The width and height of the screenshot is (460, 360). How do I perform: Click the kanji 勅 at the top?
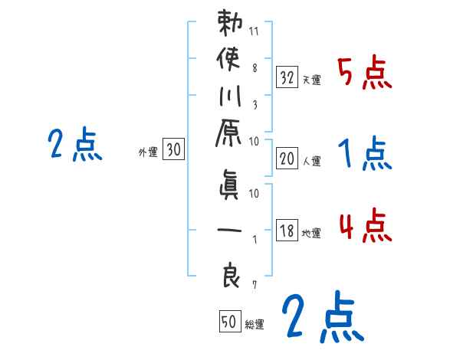[x=230, y=25]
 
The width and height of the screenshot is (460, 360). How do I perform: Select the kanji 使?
[x=230, y=60]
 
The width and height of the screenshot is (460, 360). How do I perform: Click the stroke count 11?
[x=255, y=33]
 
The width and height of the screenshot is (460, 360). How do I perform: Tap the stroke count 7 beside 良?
[x=255, y=285]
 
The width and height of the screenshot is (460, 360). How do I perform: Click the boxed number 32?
[x=287, y=77]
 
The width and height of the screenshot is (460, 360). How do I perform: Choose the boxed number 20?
[x=287, y=158]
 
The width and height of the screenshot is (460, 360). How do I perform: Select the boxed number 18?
[x=287, y=231]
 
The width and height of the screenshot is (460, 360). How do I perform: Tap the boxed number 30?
[x=173, y=151]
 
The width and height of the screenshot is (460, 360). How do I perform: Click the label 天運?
[x=311, y=80]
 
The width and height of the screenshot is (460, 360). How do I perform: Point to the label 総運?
[x=255, y=325]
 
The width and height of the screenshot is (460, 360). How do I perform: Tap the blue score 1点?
[x=365, y=155]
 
